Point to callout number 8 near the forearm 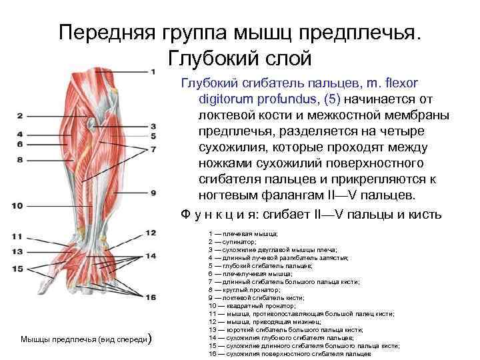coord(20,160)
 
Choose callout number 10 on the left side coord(17,205)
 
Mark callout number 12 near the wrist coord(151,233)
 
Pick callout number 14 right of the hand coord(151,255)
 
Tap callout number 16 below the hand coord(151,297)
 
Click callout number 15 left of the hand coord(17,269)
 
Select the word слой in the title coord(286,58)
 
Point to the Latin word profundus coord(249,99)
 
